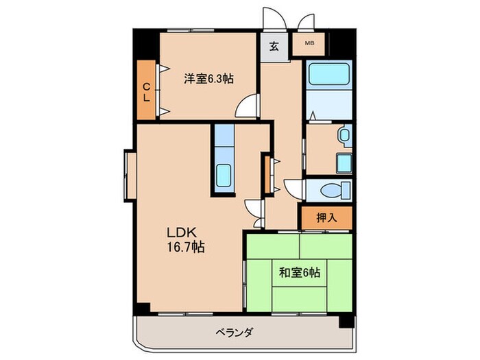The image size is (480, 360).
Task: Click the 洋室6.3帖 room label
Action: pos(208,79)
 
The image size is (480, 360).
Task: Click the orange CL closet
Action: pos(146,91)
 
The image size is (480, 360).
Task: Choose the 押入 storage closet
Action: pos(326,218)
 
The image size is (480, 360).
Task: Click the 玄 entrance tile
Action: pos(274,47)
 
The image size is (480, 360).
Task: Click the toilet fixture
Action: pos(335,189)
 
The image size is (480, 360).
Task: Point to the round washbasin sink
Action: pos(344,136)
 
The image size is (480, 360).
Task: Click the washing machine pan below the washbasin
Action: pos(344,163)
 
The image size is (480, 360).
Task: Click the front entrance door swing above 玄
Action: pos(274,19)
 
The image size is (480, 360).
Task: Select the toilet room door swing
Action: pos(293,188)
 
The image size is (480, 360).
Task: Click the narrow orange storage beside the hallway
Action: pos(267,175)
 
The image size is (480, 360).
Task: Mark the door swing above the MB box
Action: pos(306,22)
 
